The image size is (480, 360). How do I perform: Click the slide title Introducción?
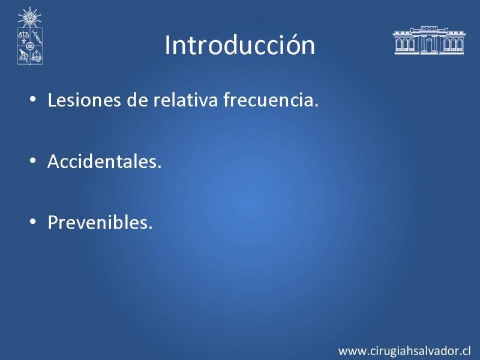point(239,45)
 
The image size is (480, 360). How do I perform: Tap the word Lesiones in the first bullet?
point(84,100)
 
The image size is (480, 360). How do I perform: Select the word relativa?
point(185,100)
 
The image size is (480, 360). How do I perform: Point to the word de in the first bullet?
point(137,100)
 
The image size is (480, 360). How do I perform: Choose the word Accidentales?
point(104,161)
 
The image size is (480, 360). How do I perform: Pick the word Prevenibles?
point(100,222)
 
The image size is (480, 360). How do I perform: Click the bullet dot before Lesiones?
point(33,99)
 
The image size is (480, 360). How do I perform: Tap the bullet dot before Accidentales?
point(33,160)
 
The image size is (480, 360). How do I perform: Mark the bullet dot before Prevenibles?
point(33,221)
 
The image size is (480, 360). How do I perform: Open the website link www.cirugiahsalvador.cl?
point(404,351)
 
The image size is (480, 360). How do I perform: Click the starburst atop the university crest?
point(29,17)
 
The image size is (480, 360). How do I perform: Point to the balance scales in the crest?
point(23,37)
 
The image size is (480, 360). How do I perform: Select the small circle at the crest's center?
point(29,46)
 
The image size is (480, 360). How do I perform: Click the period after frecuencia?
point(316,106)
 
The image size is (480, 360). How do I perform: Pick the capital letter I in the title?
point(167,45)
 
